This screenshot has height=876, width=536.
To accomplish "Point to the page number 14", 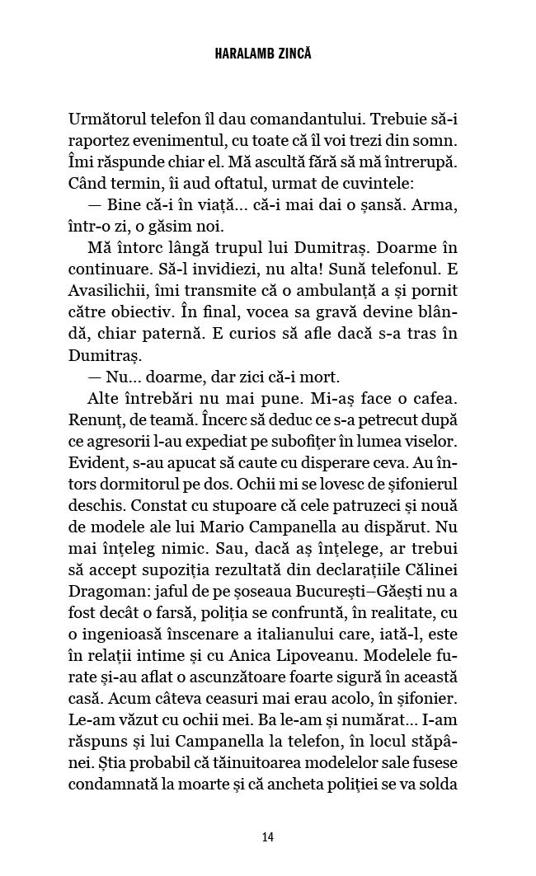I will point(267,836).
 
